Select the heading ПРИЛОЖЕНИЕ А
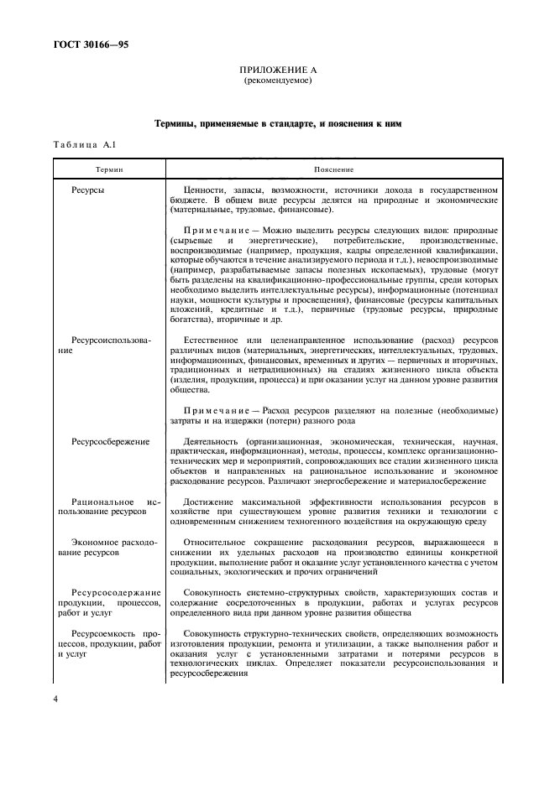click(276, 71)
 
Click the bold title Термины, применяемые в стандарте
click(277, 124)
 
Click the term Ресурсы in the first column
click(88, 191)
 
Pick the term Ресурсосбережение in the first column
click(111, 441)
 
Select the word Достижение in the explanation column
click(209, 501)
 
